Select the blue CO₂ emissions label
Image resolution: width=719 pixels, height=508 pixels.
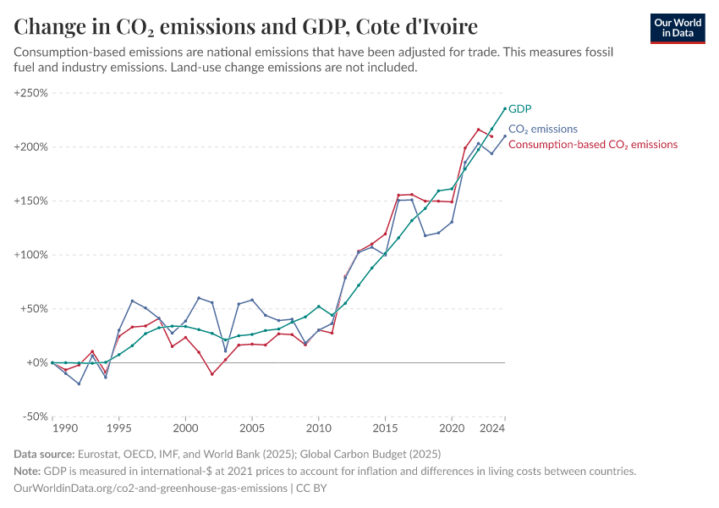(542, 130)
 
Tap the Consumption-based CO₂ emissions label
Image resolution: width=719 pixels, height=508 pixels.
(592, 145)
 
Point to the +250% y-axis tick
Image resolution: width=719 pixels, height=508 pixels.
(31, 93)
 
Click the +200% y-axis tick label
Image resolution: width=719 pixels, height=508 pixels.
(31, 147)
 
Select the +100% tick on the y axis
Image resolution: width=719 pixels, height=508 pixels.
(31, 255)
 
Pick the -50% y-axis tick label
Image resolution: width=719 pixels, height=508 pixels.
(34, 417)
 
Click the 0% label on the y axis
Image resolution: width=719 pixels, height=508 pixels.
(38, 362)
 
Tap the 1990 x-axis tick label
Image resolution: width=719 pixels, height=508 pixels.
(52, 428)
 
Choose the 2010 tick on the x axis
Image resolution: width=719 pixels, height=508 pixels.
(319, 428)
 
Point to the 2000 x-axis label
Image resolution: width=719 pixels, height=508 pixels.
(185, 428)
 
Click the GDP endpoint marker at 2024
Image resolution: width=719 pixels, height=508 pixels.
(505, 108)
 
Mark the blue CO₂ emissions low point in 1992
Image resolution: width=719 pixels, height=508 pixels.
(79, 384)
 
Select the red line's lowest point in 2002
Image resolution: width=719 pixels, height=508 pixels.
(212, 373)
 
